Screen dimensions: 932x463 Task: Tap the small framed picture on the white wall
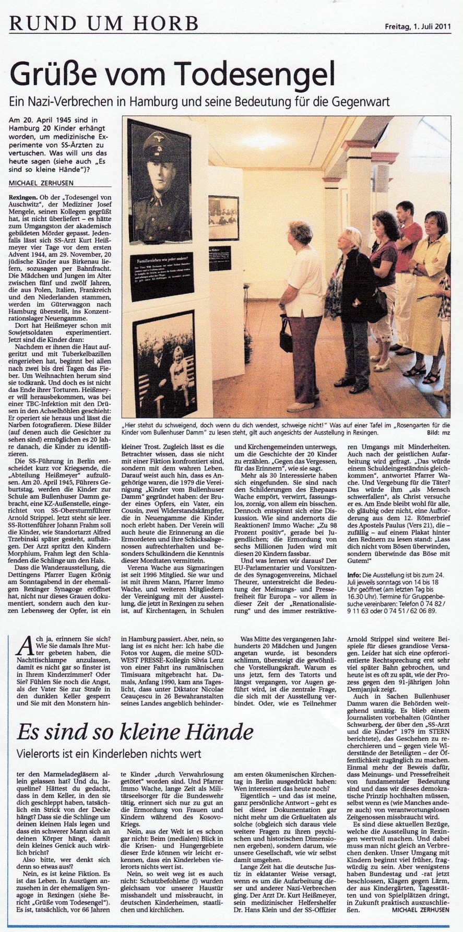pos(223,218)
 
